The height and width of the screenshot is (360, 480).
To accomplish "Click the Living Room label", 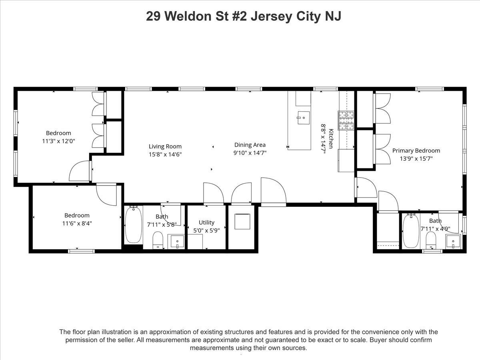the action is [x=165, y=146].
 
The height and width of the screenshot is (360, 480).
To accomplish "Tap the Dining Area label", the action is [x=250, y=145].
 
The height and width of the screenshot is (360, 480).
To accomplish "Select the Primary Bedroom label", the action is [x=416, y=151].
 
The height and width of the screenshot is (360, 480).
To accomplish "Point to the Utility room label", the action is [x=206, y=222].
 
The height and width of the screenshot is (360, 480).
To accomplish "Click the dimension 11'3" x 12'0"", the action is [x=59, y=141].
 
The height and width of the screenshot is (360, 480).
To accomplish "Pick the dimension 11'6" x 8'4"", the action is [x=77, y=223].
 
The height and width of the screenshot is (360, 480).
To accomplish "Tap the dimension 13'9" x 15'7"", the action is [x=416, y=158].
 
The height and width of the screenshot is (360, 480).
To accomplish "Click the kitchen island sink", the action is [x=304, y=118].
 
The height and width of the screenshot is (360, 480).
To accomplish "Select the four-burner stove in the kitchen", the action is [x=346, y=120].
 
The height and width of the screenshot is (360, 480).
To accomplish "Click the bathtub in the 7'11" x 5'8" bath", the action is [x=133, y=224].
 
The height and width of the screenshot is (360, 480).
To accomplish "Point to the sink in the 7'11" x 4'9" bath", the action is [x=453, y=241].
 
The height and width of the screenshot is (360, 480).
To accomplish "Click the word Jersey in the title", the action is [x=271, y=17].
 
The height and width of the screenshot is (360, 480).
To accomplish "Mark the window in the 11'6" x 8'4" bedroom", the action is [x=81, y=251].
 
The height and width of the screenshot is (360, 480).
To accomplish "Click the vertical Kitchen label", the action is [x=331, y=139].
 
